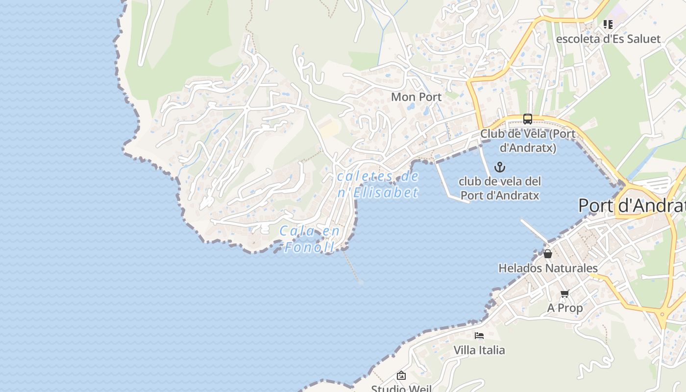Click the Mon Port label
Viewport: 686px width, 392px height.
416,97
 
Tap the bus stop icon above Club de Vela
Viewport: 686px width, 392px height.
527,119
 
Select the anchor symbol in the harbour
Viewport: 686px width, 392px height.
499,167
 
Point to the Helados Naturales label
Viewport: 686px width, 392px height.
548,268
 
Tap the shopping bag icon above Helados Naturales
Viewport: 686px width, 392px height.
548,254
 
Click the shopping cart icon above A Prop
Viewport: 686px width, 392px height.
565,294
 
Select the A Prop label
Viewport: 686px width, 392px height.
565,308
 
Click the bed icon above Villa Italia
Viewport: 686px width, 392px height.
479,336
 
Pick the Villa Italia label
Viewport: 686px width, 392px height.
479,350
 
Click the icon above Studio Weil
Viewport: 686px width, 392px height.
401,376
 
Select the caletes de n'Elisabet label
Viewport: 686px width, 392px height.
378,184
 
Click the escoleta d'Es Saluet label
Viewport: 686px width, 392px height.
608,39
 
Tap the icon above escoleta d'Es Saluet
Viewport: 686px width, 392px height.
608,24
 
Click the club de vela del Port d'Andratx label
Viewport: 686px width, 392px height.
500,188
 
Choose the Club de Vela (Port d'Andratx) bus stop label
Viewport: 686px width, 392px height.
527,140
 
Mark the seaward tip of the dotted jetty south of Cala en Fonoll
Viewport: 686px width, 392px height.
361,282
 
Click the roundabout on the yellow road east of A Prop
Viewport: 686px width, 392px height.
662,315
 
